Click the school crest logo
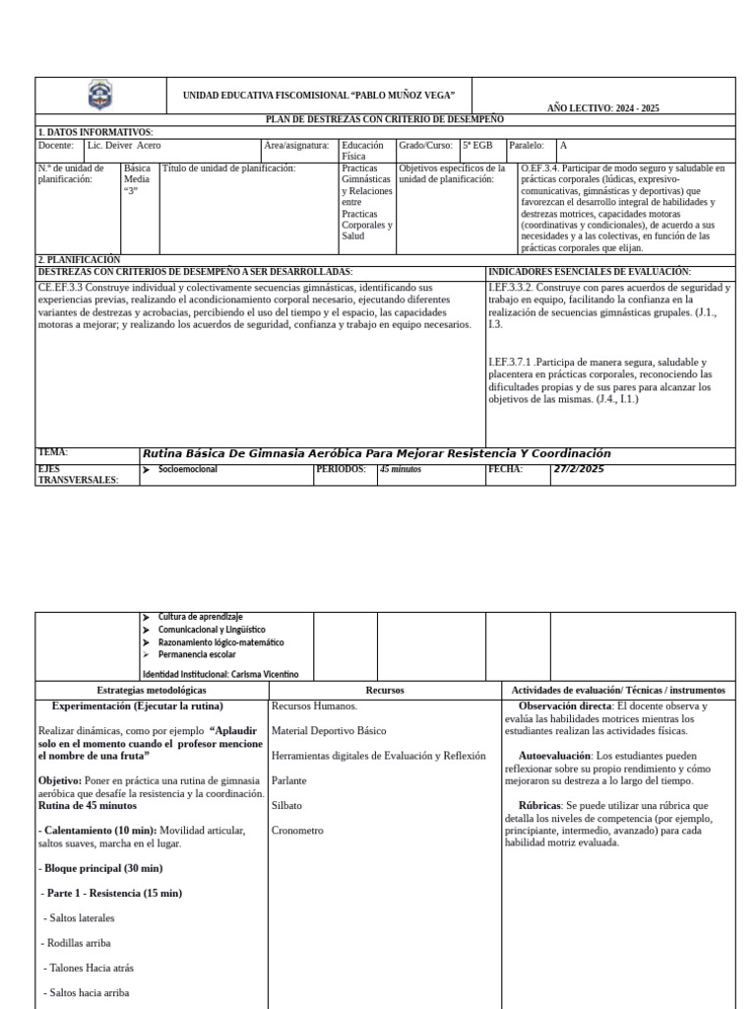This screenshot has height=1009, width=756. pos(100,96)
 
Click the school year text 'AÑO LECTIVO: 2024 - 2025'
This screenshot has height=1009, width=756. pos(602,107)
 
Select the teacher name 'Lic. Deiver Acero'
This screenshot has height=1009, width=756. pos(124,145)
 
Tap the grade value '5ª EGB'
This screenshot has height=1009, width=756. pos(477,145)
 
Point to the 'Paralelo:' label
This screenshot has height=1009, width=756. pos(527,145)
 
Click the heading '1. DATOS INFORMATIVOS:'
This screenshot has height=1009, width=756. pos(95,132)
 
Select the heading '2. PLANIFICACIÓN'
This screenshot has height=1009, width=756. pos(79,260)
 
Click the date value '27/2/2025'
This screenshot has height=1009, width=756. pos(579,469)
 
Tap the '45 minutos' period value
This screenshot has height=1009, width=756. pos(400,470)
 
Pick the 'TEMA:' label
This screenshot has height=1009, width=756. pos(53,452)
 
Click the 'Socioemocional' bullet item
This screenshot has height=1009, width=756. pos(188,470)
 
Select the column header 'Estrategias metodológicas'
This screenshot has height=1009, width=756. pos(152,691)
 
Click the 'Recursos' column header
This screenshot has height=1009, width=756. pos(384,691)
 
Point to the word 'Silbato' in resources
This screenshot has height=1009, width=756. pos(288,805)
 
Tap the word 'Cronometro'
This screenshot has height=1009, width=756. pos(297,831)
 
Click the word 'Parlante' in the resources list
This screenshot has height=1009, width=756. pos(290,780)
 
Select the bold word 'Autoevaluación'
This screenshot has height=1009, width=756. pos(554,756)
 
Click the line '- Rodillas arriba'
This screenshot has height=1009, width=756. pos(77,942)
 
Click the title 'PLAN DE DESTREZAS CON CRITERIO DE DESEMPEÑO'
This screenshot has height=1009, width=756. pos(385,119)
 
